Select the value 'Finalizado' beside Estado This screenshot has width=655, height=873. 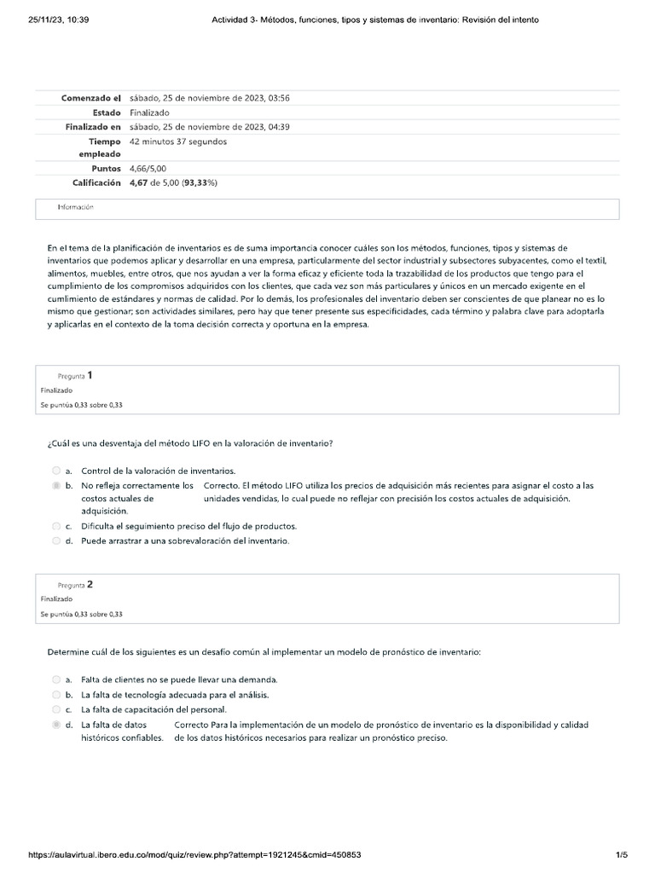coord(149,113)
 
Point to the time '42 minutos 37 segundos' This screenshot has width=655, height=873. coord(178,142)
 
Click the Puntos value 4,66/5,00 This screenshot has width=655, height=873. coord(148,169)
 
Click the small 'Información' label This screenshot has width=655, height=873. coord(75,207)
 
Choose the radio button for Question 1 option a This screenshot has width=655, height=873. coord(56,471)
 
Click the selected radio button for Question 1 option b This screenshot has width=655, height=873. coord(56,485)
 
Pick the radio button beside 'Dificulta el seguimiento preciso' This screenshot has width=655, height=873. coord(56,527)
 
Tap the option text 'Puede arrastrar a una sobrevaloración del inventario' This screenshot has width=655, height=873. coord(185,541)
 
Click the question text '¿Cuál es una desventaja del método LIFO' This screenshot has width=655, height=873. coord(189,442)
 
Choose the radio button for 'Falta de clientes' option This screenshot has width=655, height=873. coord(56,680)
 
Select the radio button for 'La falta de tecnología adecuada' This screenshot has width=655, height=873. coord(56,695)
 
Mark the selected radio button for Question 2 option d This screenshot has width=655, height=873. coord(56,724)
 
